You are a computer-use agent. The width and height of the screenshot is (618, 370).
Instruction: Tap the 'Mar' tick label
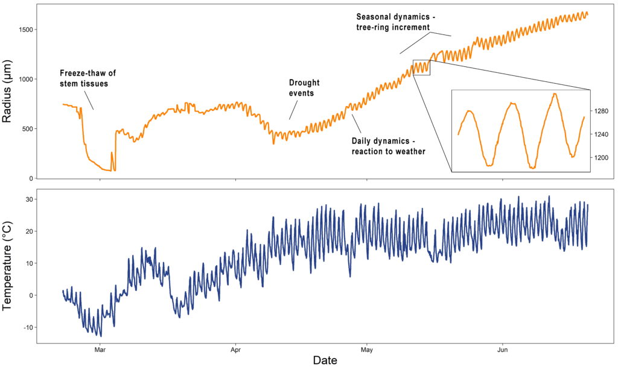click(x=100, y=349)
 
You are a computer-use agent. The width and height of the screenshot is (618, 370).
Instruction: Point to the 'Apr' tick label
click(x=235, y=349)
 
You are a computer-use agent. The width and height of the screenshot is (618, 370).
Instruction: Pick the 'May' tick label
click(x=366, y=349)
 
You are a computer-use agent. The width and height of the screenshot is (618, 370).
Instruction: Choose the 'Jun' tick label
click(x=502, y=349)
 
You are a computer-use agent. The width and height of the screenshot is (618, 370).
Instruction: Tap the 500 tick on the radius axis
click(x=26, y=128)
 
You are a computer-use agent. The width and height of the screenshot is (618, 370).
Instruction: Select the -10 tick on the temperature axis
click(x=26, y=327)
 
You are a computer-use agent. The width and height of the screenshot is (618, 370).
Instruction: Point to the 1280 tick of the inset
click(x=602, y=111)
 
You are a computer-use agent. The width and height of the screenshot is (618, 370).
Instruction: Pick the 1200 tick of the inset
click(x=602, y=157)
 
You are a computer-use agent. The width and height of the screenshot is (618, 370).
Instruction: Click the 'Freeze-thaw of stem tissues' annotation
click(x=88, y=78)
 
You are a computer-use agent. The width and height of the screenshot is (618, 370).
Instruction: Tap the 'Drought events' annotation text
click(x=304, y=88)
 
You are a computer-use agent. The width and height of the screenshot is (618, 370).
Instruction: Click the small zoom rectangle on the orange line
click(x=421, y=67)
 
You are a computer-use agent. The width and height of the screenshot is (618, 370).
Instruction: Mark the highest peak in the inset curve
click(x=554, y=94)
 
